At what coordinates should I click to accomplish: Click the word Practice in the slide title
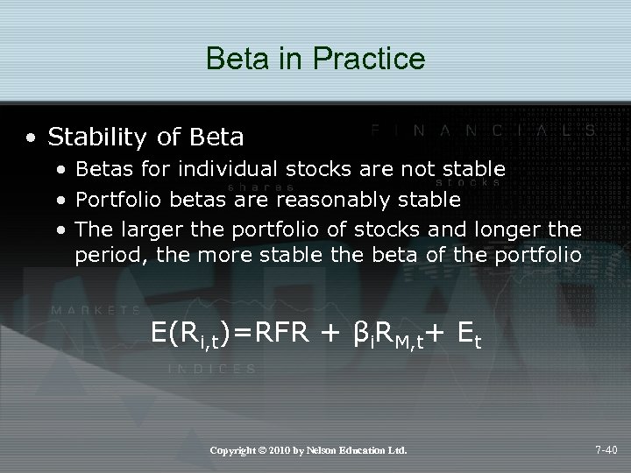click(375, 59)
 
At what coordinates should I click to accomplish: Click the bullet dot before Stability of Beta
click(32, 138)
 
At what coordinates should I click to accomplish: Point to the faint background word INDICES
click(211, 370)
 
